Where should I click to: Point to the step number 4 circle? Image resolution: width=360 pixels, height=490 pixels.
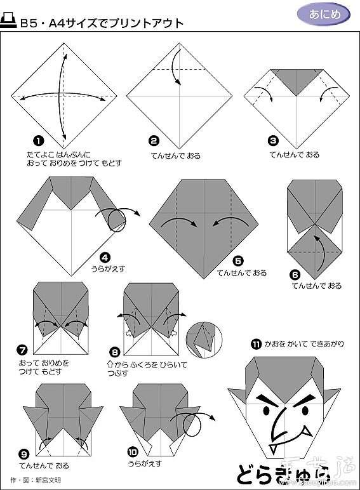pos(105,258)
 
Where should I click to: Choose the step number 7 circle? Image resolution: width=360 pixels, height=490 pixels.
pos(23,349)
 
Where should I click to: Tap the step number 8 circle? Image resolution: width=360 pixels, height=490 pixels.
pos(115,350)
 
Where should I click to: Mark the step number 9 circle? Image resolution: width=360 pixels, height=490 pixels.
pos(24,453)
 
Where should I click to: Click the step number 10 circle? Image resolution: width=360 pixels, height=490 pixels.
pos(132,453)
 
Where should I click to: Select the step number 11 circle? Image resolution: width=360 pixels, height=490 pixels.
pos(256,345)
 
